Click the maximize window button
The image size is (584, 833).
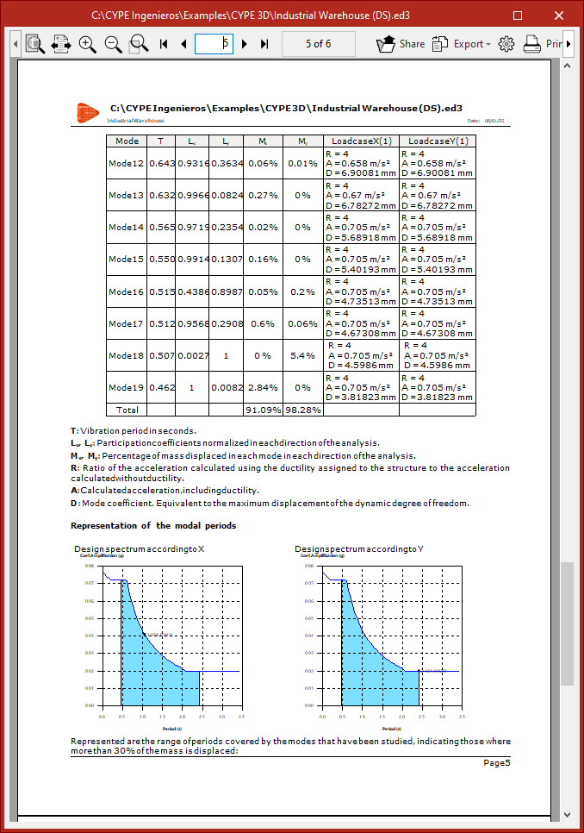coord(518,16)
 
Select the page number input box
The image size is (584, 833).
coord(214,43)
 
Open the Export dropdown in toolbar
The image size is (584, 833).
coord(463,43)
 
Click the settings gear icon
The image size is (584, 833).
coord(506,43)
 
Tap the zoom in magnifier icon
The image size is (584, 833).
coord(87,43)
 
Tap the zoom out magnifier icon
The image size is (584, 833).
coord(113,43)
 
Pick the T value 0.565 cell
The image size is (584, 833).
coord(161,228)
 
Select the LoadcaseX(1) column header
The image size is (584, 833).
coord(362,141)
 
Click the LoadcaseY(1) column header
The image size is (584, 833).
coord(438,141)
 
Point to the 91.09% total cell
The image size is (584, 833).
coord(264,410)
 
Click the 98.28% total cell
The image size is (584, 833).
coord(303,410)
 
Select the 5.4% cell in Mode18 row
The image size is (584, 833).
coord(303,355)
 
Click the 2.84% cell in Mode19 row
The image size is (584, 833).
coord(264,387)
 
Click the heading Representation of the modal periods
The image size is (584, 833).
coord(153,525)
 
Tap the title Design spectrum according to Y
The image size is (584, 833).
coord(347,549)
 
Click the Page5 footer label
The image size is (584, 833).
coord(496,762)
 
